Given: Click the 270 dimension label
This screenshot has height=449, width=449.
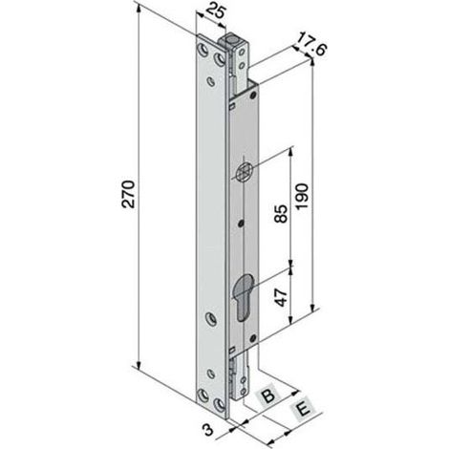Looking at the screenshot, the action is tap(128, 194).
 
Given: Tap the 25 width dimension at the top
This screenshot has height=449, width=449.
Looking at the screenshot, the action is tap(216, 11).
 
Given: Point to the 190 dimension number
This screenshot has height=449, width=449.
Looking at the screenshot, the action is tap(302, 196).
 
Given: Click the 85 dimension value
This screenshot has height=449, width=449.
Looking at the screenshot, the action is tap(281, 214).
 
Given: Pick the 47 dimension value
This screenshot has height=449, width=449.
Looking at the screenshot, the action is tap(281, 297).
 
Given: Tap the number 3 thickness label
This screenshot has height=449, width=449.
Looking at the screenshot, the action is tap(208, 430).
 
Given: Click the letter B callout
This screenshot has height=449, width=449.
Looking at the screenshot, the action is tap(268, 396).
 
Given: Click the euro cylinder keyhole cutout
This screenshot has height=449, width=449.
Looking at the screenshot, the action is tap(243, 296).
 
